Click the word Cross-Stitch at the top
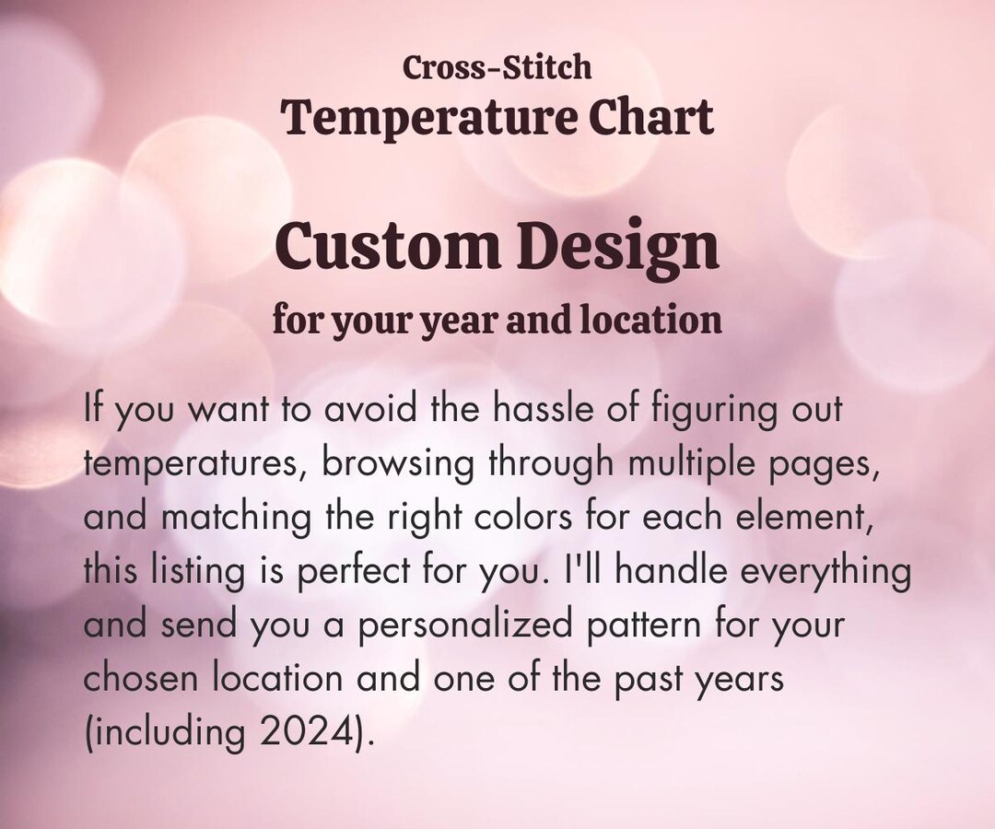pyautogui.click(x=497, y=67)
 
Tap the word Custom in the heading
pyautogui.click(x=383, y=247)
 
